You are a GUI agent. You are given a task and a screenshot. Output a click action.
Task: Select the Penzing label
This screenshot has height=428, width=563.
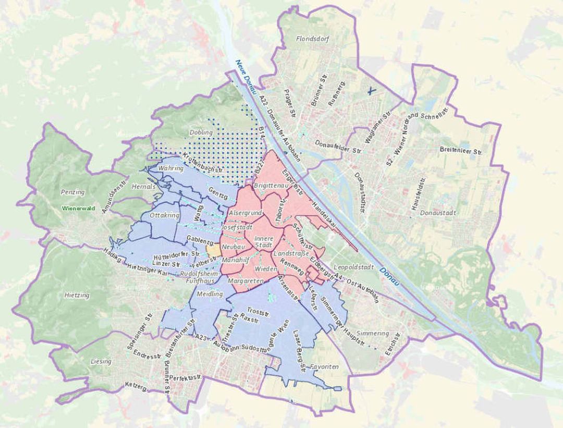[x=72, y=192]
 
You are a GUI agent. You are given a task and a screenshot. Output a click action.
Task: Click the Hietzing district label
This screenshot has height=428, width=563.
[x=77, y=295]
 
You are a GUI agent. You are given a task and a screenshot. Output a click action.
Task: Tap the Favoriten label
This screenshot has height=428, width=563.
[x=324, y=367]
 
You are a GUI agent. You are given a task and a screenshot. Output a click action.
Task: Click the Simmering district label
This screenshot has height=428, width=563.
[x=374, y=333]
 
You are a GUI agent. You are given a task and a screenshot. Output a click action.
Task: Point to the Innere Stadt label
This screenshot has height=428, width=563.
[x=263, y=242]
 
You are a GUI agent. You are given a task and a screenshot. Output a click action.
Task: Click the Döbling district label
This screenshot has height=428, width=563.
[x=201, y=132]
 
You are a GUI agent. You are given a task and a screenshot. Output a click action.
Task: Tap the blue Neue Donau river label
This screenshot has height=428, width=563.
[x=245, y=77]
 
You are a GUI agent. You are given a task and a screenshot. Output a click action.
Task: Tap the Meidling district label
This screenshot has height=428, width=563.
[x=210, y=294]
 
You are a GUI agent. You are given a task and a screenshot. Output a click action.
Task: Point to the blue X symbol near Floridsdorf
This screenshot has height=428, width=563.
[x=371, y=91]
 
